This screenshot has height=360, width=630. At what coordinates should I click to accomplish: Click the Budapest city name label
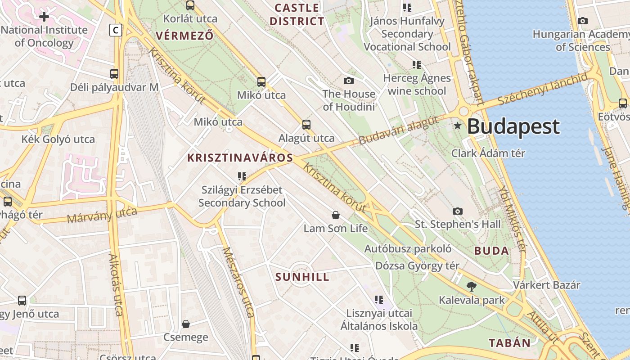pyautogui.click(x=513, y=127)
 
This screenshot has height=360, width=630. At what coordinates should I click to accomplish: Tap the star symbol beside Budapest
pyautogui.click(x=458, y=126)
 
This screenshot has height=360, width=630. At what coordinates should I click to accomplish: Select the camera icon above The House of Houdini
pyautogui.click(x=348, y=81)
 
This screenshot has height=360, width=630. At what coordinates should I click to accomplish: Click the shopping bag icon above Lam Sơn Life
pyautogui.click(x=335, y=215)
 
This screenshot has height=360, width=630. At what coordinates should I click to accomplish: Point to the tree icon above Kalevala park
pyautogui.click(x=472, y=286)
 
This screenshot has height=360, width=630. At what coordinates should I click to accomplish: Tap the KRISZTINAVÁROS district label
pyautogui.click(x=240, y=158)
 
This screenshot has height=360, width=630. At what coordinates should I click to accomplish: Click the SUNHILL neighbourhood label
pyautogui.click(x=302, y=277)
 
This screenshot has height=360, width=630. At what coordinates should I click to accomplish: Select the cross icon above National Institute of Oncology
pyautogui.click(x=44, y=17)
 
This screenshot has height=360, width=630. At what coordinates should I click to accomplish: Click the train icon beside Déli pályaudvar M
pyautogui.click(x=114, y=74)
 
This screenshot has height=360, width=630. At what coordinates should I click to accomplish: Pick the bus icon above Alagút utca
pyautogui.click(x=306, y=125)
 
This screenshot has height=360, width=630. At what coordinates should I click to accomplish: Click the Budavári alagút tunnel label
pyautogui.click(x=398, y=130)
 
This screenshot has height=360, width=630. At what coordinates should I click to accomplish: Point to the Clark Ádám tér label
pyautogui.click(x=488, y=153)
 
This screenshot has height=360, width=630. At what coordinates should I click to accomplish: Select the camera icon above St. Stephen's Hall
pyautogui.click(x=457, y=211)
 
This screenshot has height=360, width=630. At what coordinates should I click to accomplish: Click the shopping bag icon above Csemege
pyautogui.click(x=185, y=324)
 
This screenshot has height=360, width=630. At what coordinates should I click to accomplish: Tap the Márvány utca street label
pyautogui.click(x=102, y=216)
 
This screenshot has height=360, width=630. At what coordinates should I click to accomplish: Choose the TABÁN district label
pyautogui.click(x=510, y=343)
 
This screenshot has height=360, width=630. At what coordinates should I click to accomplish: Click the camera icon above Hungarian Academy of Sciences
pyautogui.click(x=583, y=21)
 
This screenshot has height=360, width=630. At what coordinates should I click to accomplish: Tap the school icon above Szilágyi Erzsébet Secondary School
pyautogui.click(x=242, y=176)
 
